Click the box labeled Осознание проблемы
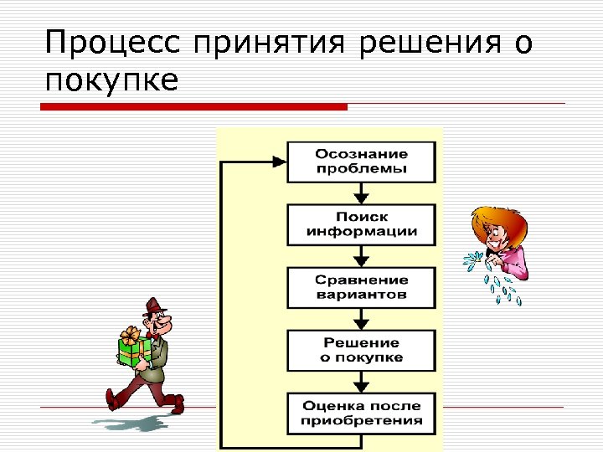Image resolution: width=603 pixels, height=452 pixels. pos(361,162)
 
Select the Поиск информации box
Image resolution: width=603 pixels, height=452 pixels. pos(361,224)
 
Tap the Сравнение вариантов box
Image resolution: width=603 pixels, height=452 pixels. pos(361,287)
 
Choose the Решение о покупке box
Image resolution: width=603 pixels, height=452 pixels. pos(361,350)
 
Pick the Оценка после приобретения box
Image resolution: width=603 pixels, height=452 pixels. pos(361,413)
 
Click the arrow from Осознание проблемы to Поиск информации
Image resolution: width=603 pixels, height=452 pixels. pos(361,193)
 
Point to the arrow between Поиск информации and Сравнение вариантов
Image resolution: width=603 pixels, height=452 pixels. pos(361,256)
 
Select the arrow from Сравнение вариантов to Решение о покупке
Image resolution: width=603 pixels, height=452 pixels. pos(361,319)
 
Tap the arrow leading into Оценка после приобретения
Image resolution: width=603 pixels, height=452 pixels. pos(361,382)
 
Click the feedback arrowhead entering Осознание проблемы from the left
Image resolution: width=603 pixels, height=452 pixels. pos(279,162)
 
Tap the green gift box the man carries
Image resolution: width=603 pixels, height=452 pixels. pos(134,352)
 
